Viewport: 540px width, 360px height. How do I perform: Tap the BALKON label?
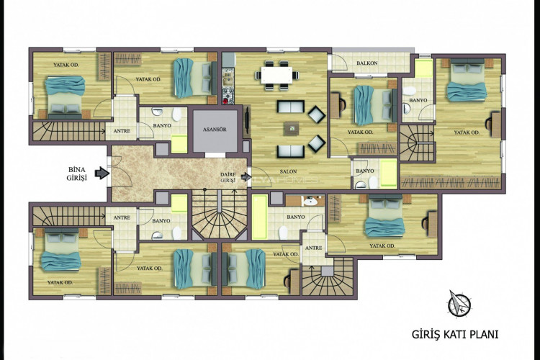tap(367, 63)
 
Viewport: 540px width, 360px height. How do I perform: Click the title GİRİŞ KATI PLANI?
tap(454, 335)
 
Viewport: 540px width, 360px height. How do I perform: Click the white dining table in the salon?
tap(279, 72)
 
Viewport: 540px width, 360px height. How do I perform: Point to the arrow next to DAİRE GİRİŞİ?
tap(248, 175)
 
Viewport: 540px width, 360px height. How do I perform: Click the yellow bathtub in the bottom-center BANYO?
tap(259, 216)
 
